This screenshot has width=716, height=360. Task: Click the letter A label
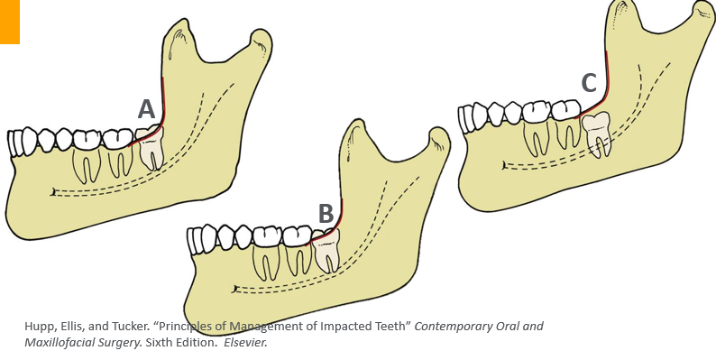pos(146,109)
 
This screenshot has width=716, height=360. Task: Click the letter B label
pos(326,214)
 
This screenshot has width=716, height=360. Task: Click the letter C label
pos(589,84)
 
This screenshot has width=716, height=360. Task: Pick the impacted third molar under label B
pos(325,250)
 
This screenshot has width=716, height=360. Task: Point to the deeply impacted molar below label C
pos(598,133)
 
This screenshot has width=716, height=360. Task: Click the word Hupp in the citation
pos(41,326)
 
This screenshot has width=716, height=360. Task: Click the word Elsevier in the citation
pos(247,343)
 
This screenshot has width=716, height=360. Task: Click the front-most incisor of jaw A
pos(14,143)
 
